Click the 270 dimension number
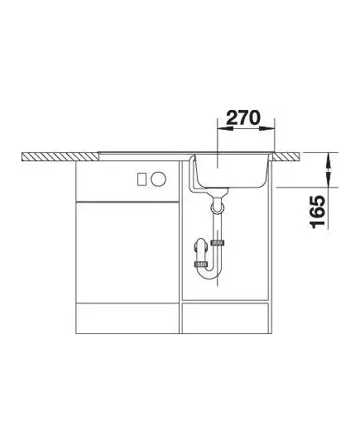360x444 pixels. [243, 117]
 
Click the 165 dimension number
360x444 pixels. [318, 212]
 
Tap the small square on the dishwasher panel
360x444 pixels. [142, 179]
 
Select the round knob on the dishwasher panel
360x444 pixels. [158, 179]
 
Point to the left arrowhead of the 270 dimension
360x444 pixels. [225, 128]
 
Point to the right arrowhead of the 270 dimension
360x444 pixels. [266, 128]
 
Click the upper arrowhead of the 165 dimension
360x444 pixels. [329, 160]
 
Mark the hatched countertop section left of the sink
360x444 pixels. [60, 157]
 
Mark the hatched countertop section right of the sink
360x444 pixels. [286, 156]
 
